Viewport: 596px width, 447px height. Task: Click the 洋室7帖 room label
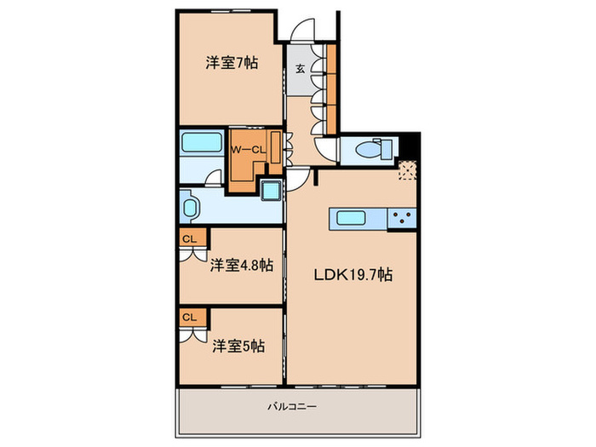[x=232, y=63]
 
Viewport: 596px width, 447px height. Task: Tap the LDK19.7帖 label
[x=353, y=274]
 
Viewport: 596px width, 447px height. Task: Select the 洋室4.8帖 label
[x=242, y=266]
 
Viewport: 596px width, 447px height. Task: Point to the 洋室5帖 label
[x=238, y=346]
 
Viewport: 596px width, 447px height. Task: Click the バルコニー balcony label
[x=292, y=407]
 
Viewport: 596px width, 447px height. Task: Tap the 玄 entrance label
[x=301, y=69]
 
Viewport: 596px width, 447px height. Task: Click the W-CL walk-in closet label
[x=249, y=150]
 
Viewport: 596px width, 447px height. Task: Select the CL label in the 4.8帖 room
[x=189, y=239]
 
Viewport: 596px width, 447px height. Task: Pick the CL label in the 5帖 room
[x=189, y=317]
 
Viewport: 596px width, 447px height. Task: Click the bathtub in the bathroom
[x=202, y=142]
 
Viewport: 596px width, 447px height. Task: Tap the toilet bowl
[x=367, y=149]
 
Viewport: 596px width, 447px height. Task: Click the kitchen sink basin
[x=351, y=219]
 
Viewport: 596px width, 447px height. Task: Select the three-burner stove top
[x=402, y=219]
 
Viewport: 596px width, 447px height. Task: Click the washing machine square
[x=272, y=190]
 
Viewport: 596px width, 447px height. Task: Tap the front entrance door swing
[x=303, y=30]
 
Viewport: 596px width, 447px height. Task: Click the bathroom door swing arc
[x=214, y=178]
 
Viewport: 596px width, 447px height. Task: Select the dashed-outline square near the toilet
[x=408, y=170]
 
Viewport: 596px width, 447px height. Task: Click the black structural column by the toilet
[x=410, y=146]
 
